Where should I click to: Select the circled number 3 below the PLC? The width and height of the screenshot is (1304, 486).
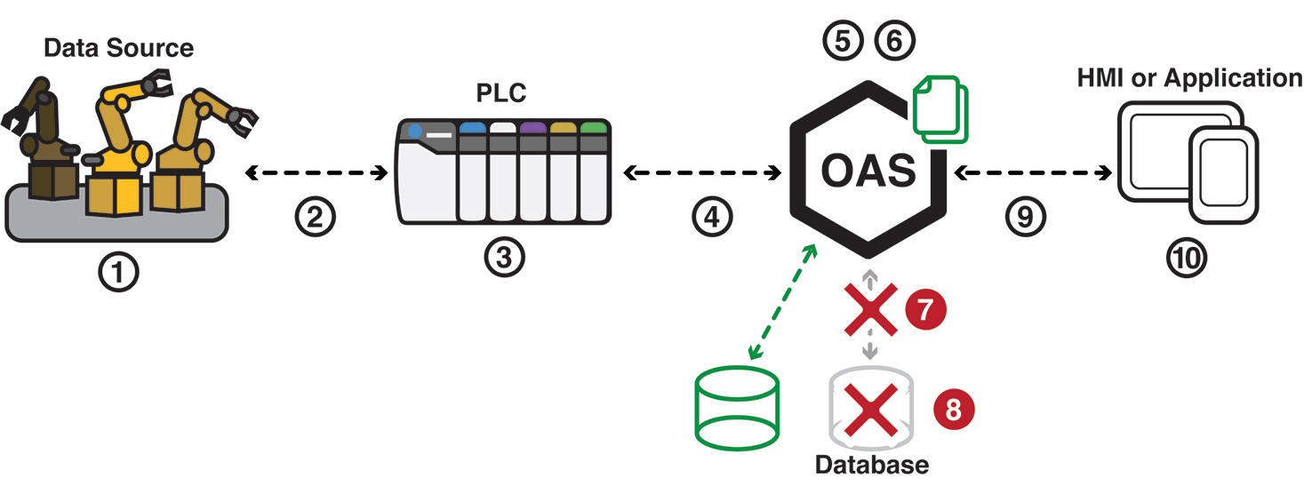pos(504,257)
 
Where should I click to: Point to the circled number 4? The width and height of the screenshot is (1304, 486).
pos(711,216)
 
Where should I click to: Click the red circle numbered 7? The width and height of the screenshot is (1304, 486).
pos(924,310)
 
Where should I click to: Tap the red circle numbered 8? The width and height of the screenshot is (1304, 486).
pos(954,409)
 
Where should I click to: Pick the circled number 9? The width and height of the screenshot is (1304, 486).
pos(1026,216)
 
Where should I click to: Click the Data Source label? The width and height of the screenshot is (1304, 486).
pos(118,47)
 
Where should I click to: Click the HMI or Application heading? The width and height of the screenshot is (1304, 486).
pos(1189,78)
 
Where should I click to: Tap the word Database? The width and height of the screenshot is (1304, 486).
pos(871,465)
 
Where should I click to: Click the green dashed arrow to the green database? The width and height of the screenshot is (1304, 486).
pos(782,302)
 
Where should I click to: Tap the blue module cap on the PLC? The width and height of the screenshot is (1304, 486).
pos(472,128)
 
